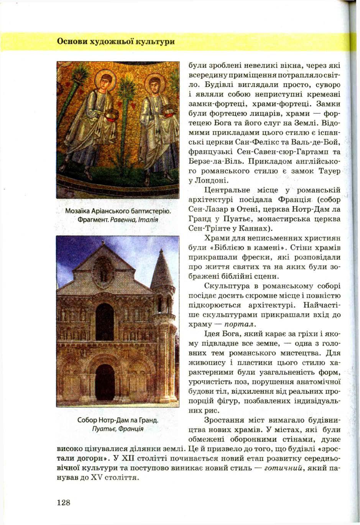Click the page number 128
63,502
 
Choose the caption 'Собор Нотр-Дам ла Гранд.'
118,420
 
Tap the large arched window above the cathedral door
104,321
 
